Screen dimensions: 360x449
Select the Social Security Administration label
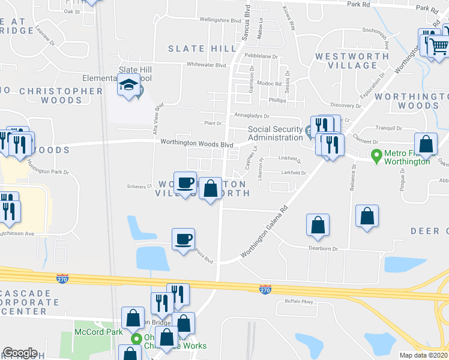pos(276,133)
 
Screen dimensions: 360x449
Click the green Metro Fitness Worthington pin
pos(376,154)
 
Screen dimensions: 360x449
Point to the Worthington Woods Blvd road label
pos(196,144)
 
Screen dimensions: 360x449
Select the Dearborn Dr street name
pos(324,248)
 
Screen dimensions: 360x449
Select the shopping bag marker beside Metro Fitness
pos(426,145)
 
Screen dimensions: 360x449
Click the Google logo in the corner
pos(20,353)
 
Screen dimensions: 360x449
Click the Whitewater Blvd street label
pos(206,64)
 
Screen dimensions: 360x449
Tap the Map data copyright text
pos(424,355)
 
